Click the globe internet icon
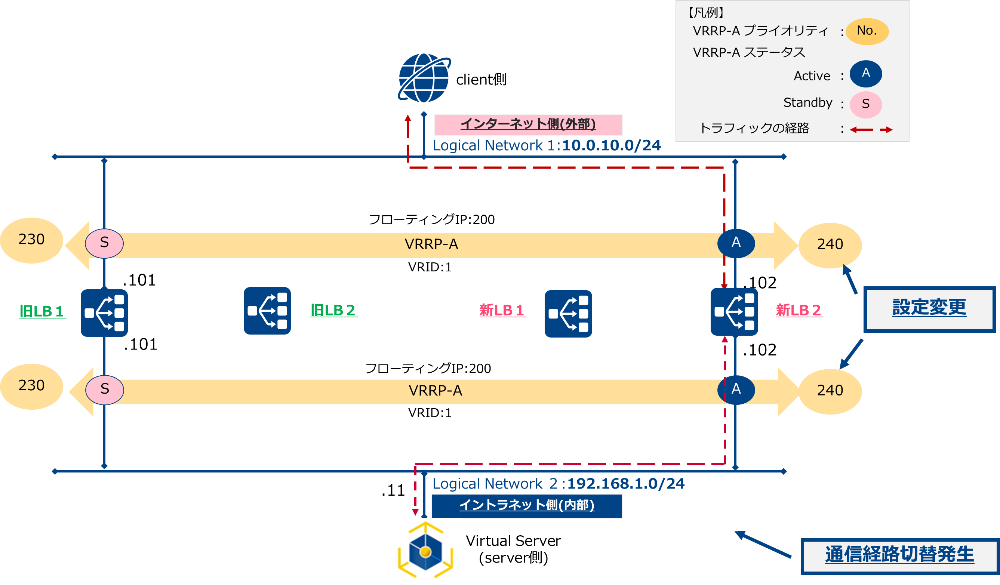pyautogui.click(x=424, y=78)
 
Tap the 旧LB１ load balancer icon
pyautogui.click(x=104, y=313)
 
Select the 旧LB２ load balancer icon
pyautogui.click(x=267, y=310)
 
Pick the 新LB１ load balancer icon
pyautogui.click(x=568, y=314)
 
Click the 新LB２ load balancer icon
pyautogui.click(x=734, y=311)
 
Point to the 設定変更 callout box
pyautogui.click(x=929, y=309)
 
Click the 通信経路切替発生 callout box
pyautogui.click(x=899, y=555)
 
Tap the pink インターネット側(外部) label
pyautogui.click(x=528, y=124)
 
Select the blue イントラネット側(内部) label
pyautogui.click(x=527, y=506)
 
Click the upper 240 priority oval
pyautogui.click(x=830, y=244)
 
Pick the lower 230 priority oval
pyautogui.click(x=31, y=386)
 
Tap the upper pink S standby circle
pyautogui.click(x=104, y=243)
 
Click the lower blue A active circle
pyautogui.click(x=736, y=390)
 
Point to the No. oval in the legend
pyautogui.click(x=867, y=31)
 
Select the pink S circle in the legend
pyautogui.click(x=865, y=104)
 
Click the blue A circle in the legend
pyautogui.click(x=865, y=73)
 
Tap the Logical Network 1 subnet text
pyautogui.click(x=547, y=146)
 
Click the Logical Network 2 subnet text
pyautogui.click(x=558, y=484)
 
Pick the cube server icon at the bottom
pyautogui.click(x=425, y=551)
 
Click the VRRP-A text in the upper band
pyautogui.click(x=431, y=244)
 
